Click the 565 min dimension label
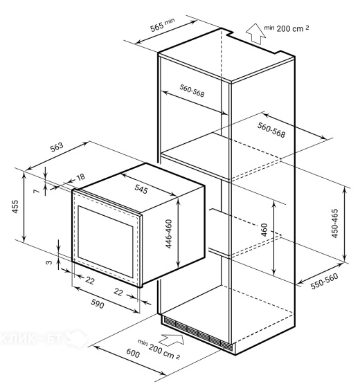(x=163, y=25)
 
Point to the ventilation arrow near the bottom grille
(x=172, y=340)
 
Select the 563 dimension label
(x=57, y=147)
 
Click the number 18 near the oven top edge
(x=80, y=177)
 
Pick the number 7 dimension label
(x=36, y=191)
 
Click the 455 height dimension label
(x=15, y=207)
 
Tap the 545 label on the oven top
(x=141, y=190)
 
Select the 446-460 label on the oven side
(x=169, y=234)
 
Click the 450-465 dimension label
(x=335, y=223)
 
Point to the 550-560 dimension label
(x=324, y=281)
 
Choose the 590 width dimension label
(x=98, y=304)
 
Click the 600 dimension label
(x=133, y=353)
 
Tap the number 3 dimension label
(x=49, y=262)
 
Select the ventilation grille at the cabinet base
(x=197, y=333)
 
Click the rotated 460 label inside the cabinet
(x=264, y=230)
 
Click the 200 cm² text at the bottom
(x=164, y=351)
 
